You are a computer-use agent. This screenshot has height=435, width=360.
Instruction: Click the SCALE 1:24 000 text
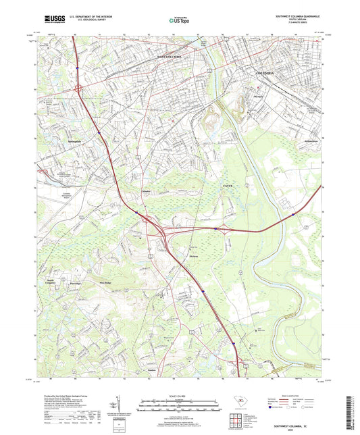(180, 395)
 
